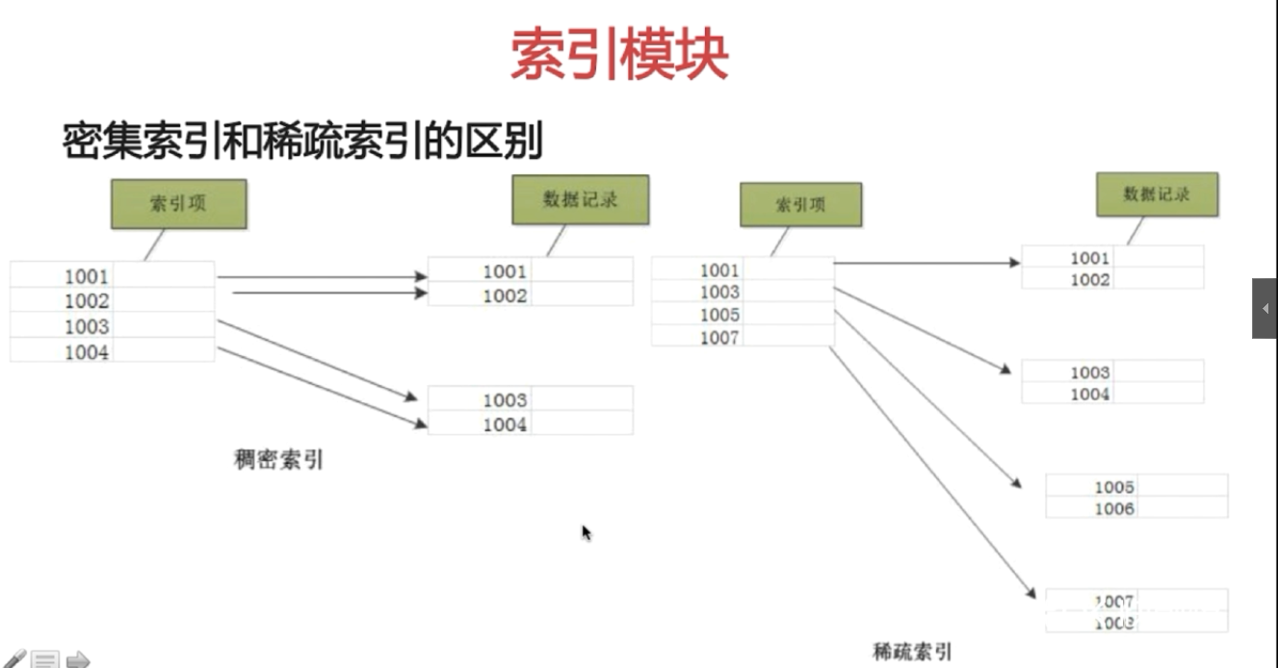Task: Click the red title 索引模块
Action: pos(618,55)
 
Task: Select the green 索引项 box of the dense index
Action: pos(178,204)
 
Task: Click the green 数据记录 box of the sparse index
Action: pos(1157,194)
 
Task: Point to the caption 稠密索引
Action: pos(278,460)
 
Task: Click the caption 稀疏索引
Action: pos(912,653)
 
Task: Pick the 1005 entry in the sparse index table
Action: pos(719,315)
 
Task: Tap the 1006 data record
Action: pos(1114,508)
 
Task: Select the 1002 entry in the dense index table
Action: pos(87,301)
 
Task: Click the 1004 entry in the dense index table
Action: pos(87,352)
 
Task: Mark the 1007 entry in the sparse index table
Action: pos(719,338)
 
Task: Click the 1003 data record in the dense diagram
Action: pos(505,399)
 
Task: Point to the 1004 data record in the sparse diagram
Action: pos(1089,394)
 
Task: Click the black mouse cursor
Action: pos(586,532)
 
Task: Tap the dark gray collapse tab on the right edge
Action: pos(1265,309)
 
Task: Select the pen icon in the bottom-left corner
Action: pos(13,658)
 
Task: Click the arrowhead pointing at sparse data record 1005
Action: pos(1016,484)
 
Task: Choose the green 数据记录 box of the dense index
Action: pos(580,200)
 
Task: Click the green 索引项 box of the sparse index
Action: pos(800,205)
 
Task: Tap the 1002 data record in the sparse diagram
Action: pos(1089,280)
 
